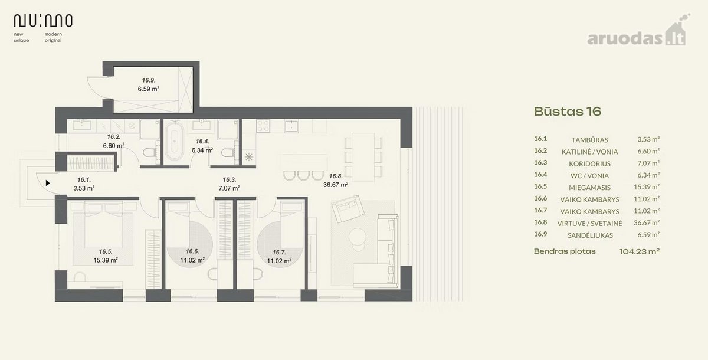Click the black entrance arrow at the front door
click(x=48, y=183)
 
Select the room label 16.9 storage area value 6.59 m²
click(x=148, y=89)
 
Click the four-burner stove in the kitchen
click(x=263, y=126)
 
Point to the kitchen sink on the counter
click(x=291, y=126)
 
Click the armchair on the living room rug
click(x=348, y=208)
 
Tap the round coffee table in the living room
click(x=357, y=236)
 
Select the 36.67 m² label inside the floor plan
click(x=336, y=185)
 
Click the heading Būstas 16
click(x=568, y=112)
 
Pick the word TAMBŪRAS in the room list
click(x=590, y=140)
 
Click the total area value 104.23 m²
click(x=640, y=251)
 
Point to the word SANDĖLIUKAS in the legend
click(x=590, y=235)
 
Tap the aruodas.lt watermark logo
click(x=638, y=33)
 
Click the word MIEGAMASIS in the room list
click(x=590, y=188)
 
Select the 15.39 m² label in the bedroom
click(x=106, y=260)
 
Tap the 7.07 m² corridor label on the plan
click(x=229, y=188)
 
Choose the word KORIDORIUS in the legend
click(x=590, y=163)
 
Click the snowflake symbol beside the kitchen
click(x=249, y=157)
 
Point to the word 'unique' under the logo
click(x=21, y=41)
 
